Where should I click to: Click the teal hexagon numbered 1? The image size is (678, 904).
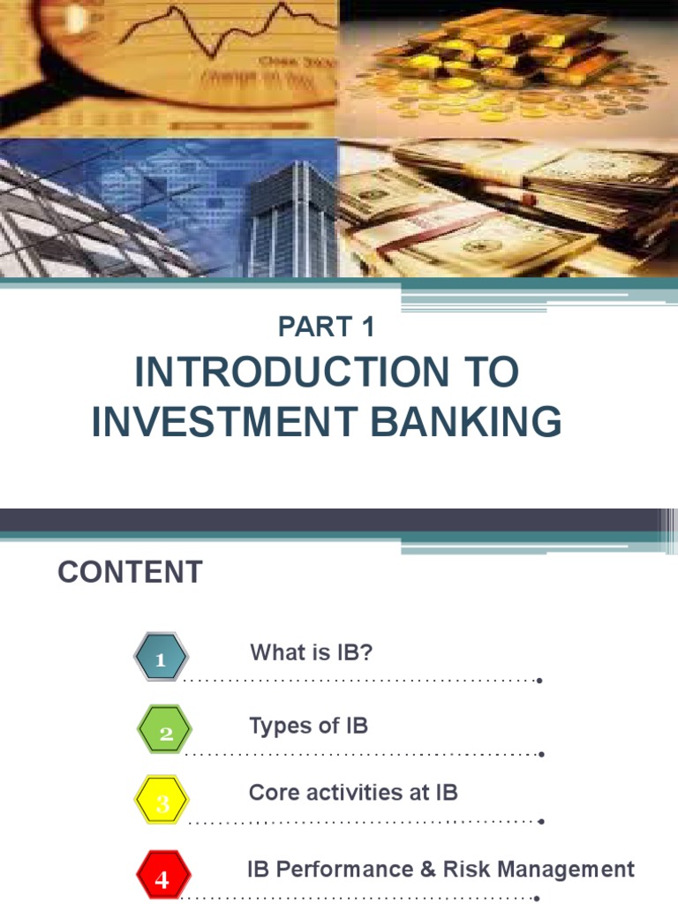click(161, 659)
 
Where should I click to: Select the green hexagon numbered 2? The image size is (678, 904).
click(165, 733)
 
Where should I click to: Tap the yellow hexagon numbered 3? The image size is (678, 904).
click(162, 802)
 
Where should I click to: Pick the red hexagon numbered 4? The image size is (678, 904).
click(162, 878)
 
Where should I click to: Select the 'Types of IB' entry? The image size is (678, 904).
click(308, 726)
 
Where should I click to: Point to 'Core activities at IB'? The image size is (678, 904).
click(353, 792)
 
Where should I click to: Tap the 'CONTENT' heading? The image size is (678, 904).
click(130, 572)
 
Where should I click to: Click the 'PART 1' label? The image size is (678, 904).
click(327, 327)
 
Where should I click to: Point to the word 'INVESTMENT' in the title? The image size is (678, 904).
click(225, 422)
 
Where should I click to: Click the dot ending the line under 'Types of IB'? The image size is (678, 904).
click(540, 754)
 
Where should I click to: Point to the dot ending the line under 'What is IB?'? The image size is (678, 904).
click(539, 681)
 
